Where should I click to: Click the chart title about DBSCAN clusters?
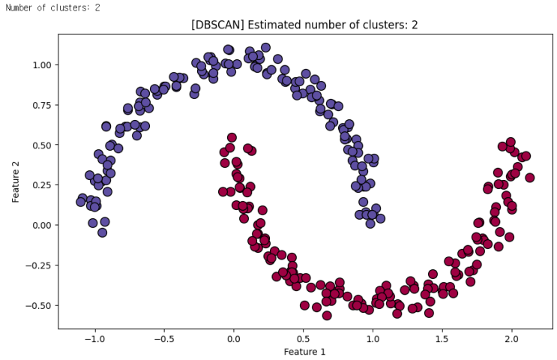[304, 25]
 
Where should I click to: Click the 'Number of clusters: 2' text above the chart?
[52, 7]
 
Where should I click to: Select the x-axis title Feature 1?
[304, 350]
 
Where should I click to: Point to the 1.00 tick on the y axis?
[41, 64]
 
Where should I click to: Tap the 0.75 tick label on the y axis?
[41, 105]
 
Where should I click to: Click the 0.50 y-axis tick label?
[41, 145]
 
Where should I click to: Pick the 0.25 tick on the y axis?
[41, 184]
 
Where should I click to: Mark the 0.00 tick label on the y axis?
[41, 225]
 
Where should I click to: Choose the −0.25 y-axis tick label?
[39, 265]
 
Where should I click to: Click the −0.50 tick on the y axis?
[39, 305]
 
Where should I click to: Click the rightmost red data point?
[529, 178]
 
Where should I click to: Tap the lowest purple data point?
[102, 232]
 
